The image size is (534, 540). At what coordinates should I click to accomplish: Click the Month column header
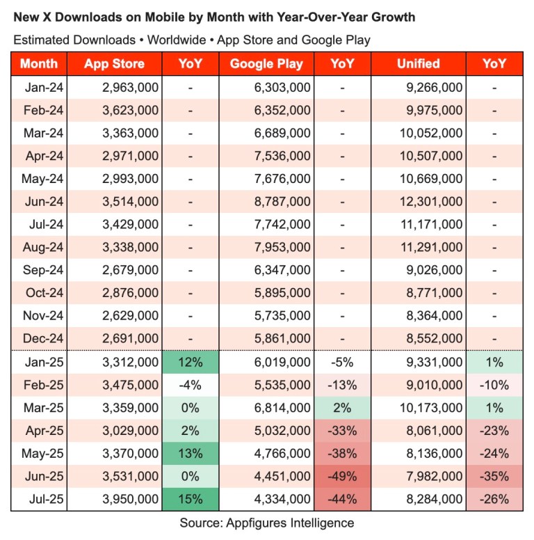[39, 64]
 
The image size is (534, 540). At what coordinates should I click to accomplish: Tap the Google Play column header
[266, 64]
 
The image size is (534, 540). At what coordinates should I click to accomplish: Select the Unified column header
[418, 64]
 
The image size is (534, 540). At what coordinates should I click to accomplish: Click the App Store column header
[114, 64]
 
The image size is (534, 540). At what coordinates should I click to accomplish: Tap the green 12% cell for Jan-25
[190, 362]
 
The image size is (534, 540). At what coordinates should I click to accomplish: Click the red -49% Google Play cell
[341, 476]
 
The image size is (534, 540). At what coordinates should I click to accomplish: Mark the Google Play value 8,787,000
[281, 202]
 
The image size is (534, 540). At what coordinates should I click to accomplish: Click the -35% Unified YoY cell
[494, 476]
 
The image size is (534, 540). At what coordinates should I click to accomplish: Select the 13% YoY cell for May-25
[190, 454]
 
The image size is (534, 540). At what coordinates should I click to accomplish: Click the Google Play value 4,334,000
[281, 499]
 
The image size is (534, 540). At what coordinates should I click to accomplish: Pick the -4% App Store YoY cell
[190, 385]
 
